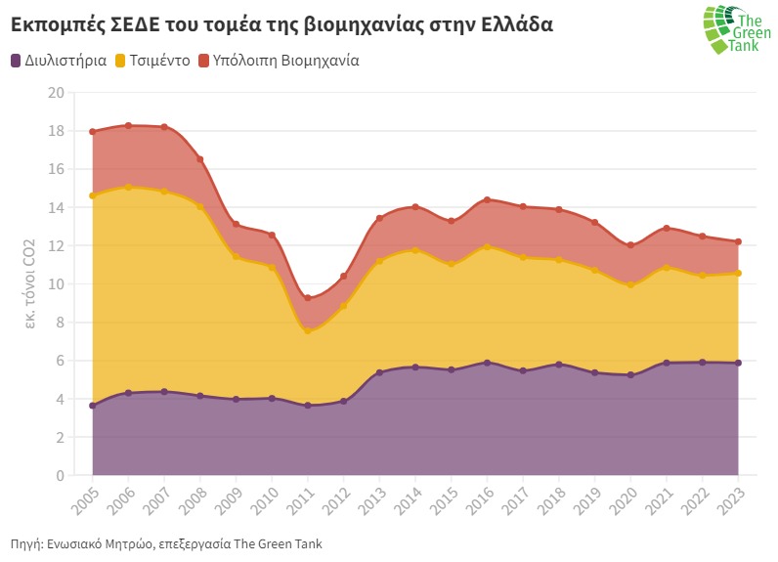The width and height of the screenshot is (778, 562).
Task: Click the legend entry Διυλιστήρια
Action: click(59, 60)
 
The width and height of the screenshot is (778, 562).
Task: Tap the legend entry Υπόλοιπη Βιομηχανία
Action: click(279, 60)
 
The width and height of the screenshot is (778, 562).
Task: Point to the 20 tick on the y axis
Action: click(56, 93)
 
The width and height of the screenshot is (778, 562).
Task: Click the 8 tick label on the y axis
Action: click(60, 323)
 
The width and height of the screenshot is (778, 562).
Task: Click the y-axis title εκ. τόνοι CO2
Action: click(30, 283)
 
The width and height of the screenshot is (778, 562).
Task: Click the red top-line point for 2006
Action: click(128, 125)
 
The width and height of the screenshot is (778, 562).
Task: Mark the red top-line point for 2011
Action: click(308, 298)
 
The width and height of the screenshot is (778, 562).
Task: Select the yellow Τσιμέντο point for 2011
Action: click(308, 331)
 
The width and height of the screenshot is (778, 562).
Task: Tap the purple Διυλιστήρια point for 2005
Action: click(92, 406)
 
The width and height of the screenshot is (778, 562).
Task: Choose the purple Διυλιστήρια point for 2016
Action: click(487, 363)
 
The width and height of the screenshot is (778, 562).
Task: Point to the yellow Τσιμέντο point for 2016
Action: click(487, 246)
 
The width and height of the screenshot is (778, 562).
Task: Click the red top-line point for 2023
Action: click(738, 241)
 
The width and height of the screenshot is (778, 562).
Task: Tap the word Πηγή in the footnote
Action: click(24, 543)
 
